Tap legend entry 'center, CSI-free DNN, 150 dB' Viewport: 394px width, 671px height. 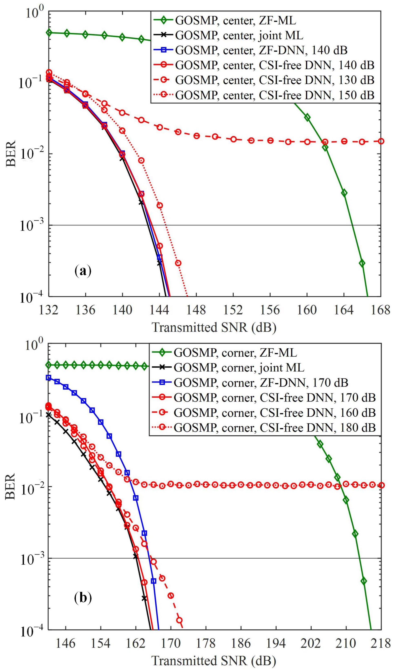coord(274,95)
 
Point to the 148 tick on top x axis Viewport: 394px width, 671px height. coord(196,311)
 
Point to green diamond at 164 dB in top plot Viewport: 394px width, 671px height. coord(344,193)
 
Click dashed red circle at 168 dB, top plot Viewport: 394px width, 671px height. coord(381,141)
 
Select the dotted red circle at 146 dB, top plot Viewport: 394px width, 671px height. coord(178,263)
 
